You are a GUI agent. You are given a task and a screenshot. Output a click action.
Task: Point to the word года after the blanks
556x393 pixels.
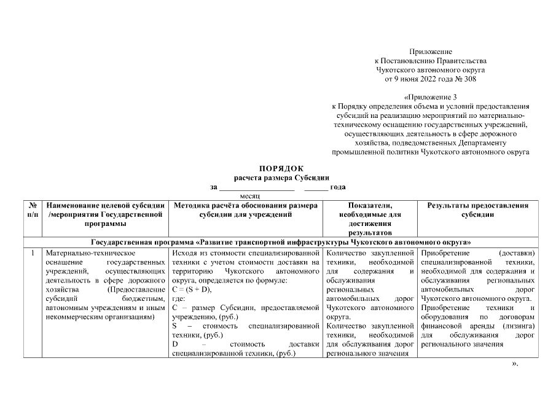337,187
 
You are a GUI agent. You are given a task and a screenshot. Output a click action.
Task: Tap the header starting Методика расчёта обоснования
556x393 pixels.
245,211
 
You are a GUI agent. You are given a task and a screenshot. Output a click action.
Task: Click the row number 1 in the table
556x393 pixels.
31,252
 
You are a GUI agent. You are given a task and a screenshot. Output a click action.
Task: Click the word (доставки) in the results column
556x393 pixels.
517,252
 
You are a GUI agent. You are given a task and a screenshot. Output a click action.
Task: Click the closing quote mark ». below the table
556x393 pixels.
515,364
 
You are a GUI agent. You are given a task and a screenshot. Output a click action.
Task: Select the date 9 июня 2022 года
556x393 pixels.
421,79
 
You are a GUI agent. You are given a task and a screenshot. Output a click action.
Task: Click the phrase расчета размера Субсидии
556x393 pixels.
281,177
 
